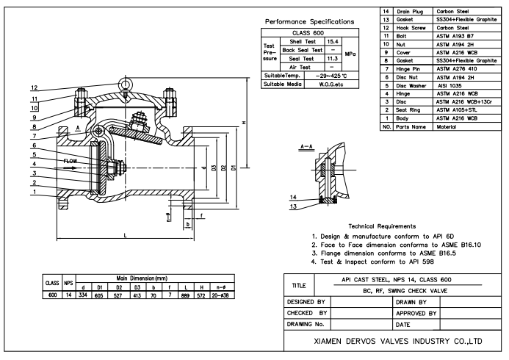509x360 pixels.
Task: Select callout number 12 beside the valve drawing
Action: (x=34, y=87)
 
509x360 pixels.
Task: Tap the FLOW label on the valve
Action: (x=71, y=161)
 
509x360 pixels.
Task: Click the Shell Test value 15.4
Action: (x=333, y=42)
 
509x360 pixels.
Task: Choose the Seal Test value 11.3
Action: (x=333, y=59)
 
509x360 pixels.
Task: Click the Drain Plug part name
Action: (x=410, y=11)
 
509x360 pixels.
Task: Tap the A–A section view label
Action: (x=306, y=147)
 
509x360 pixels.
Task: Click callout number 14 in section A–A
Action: (x=293, y=197)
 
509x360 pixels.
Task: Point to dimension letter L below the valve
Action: (x=126, y=236)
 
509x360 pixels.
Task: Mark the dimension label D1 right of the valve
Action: (x=234, y=168)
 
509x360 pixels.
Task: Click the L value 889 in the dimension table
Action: (x=185, y=295)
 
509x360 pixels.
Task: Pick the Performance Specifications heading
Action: (x=309, y=22)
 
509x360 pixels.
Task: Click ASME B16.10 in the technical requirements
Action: (x=461, y=245)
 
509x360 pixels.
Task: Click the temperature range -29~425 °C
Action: (x=331, y=76)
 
